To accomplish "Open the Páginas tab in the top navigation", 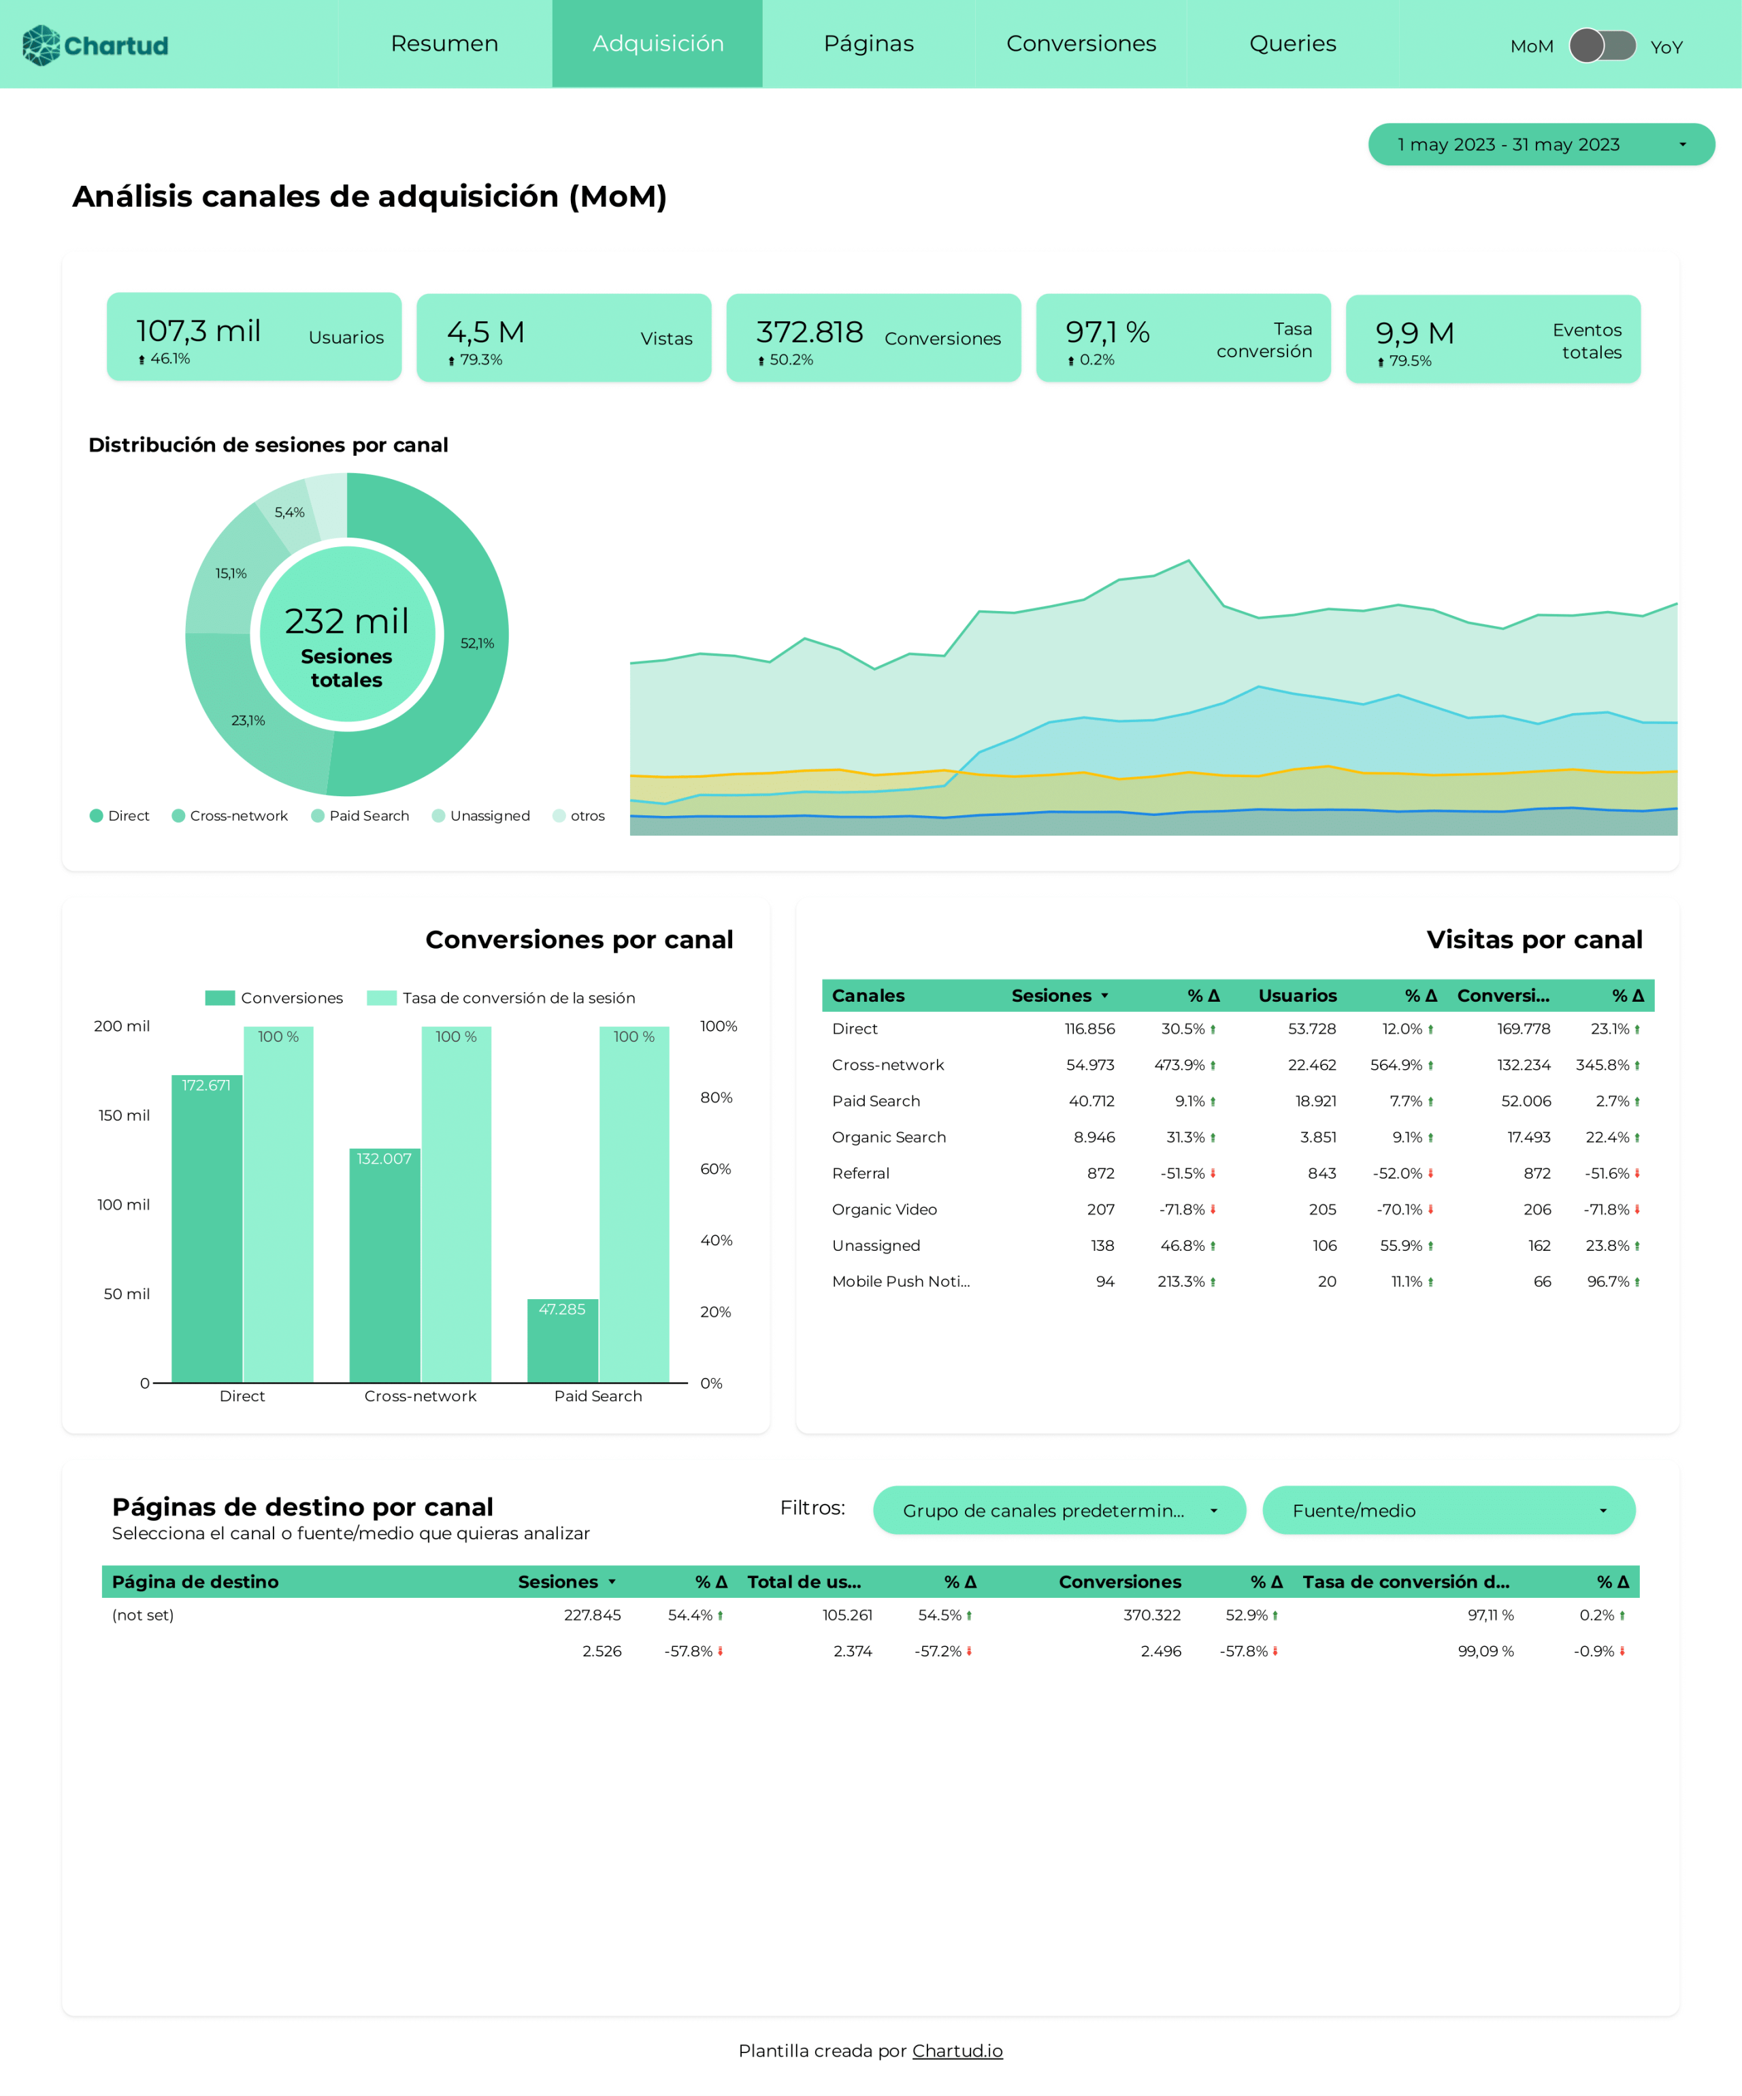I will (868, 44).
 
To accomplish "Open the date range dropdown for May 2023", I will (1541, 145).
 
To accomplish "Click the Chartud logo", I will (96, 45).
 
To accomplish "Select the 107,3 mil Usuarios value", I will (199, 330).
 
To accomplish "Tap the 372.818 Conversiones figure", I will (810, 331).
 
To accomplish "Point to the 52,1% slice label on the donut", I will (477, 644).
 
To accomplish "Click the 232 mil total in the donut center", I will (346, 621).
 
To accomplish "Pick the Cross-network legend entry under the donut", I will (229, 815).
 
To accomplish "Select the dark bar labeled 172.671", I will (207, 1228).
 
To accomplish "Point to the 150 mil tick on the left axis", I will (124, 1115).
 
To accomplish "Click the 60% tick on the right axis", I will (716, 1168).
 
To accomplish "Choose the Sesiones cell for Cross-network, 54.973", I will (1090, 1065).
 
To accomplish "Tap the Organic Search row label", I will (889, 1137).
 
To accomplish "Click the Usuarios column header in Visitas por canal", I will (1297, 995).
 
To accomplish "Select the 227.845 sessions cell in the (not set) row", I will (592, 1615).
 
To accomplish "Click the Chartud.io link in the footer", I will (957, 2050).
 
